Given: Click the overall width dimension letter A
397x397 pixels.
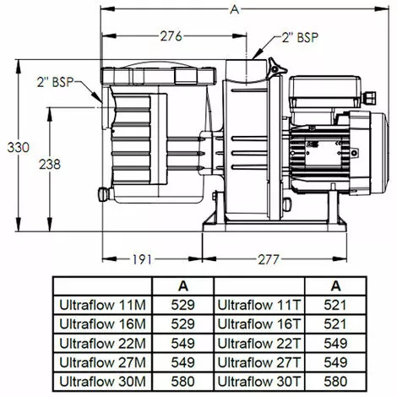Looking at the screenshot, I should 232,9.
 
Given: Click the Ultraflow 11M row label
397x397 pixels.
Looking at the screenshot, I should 101,305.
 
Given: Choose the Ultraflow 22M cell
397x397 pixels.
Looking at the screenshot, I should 101,342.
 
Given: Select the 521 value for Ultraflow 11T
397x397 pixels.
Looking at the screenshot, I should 335,305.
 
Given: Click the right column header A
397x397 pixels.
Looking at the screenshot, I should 335,286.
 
